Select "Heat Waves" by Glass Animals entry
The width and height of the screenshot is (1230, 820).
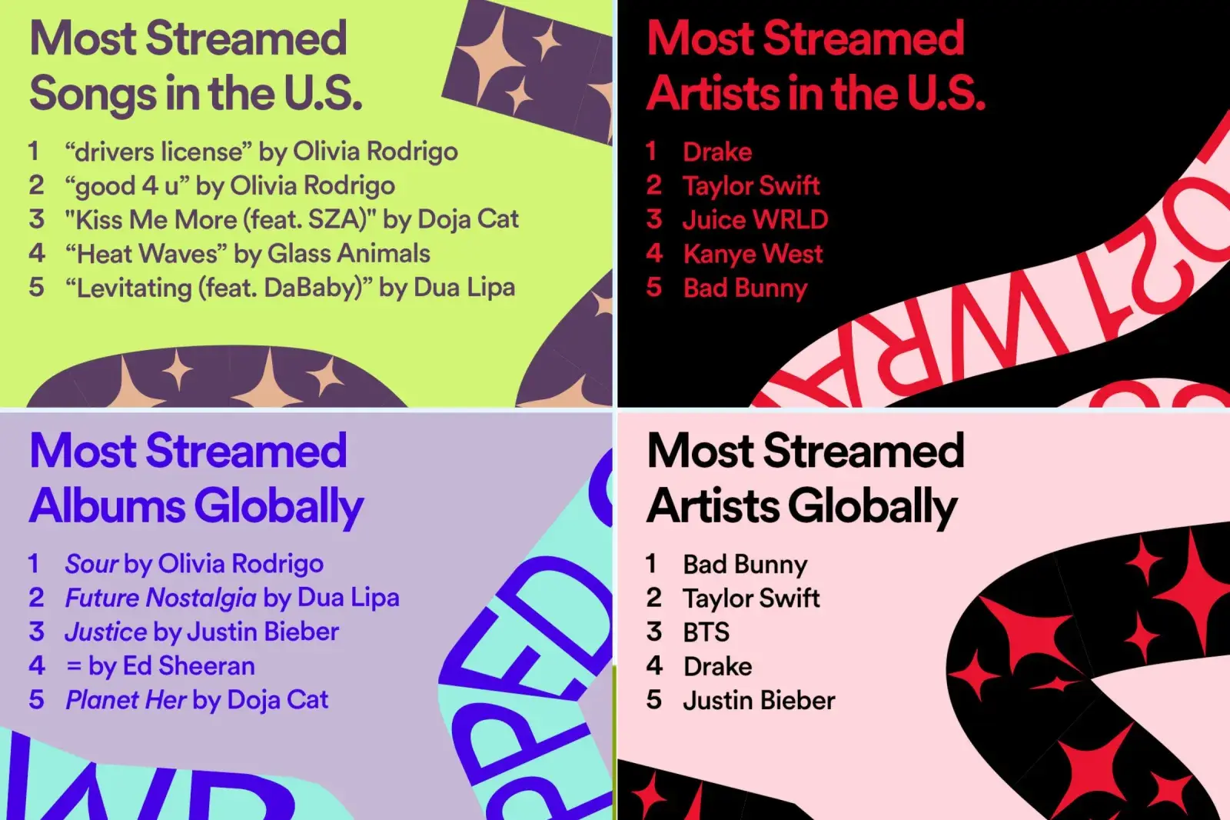[x=247, y=254]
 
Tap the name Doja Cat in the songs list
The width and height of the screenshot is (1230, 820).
[x=468, y=219]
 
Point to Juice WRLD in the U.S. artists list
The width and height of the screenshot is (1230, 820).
[x=755, y=219]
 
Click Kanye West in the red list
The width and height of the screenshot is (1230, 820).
[x=753, y=253]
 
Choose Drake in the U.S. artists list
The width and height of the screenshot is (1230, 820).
[x=717, y=152]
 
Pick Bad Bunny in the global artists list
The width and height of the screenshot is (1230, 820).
[x=745, y=565]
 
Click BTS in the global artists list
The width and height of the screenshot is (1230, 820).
[x=706, y=632]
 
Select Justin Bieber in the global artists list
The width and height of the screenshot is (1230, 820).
[x=759, y=700]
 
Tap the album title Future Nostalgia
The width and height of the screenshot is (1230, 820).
[x=161, y=598]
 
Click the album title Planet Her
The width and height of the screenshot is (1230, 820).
[x=126, y=700]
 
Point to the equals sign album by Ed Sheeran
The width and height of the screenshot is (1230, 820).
[x=74, y=666]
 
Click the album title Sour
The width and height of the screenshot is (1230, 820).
[x=91, y=564]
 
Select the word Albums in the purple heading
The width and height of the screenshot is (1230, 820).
[x=107, y=505]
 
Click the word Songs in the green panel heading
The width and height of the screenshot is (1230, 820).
[x=93, y=94]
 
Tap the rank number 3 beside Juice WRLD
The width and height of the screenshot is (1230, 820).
[x=653, y=219]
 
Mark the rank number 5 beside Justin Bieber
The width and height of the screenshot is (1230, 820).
[x=653, y=700]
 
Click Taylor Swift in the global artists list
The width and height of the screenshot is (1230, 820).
[x=751, y=598]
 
